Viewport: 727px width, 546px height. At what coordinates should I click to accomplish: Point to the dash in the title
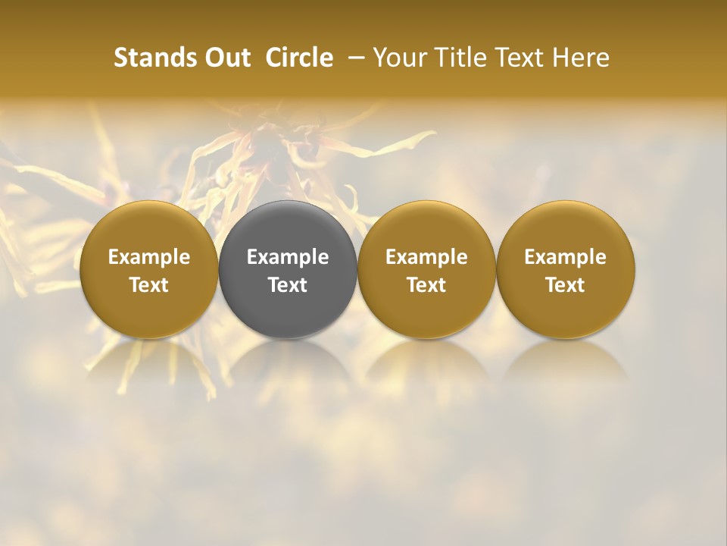pos(353,58)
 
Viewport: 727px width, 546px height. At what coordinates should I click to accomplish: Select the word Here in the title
pos(581,58)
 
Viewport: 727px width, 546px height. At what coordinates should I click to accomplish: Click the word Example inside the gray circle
pos(288,257)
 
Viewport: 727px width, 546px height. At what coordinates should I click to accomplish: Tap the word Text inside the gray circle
pos(288,285)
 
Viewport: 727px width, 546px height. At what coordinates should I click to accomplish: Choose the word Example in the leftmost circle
pos(149,257)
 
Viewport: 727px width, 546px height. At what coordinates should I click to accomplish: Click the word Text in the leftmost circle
pos(149,285)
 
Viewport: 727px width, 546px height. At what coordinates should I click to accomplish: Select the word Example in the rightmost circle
pos(565,257)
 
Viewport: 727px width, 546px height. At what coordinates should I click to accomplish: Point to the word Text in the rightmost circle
pos(565,285)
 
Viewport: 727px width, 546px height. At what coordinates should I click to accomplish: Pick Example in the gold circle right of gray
pos(426,257)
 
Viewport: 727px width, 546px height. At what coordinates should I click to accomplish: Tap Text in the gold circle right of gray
pos(426,285)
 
